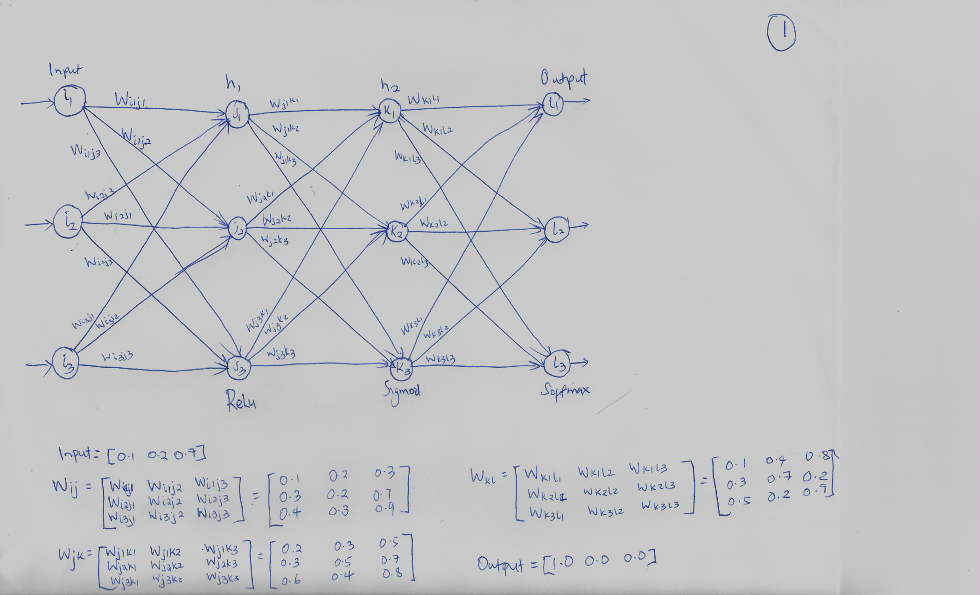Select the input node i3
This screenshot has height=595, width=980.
tap(64, 363)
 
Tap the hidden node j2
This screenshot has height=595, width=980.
tap(238, 229)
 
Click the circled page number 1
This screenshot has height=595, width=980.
tap(781, 33)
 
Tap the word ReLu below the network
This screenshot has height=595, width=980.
tap(241, 401)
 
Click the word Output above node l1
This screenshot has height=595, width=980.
tap(563, 78)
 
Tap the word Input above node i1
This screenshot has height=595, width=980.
tap(65, 70)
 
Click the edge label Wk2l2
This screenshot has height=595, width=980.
tap(434, 224)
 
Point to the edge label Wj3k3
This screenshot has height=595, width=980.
tap(280, 354)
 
